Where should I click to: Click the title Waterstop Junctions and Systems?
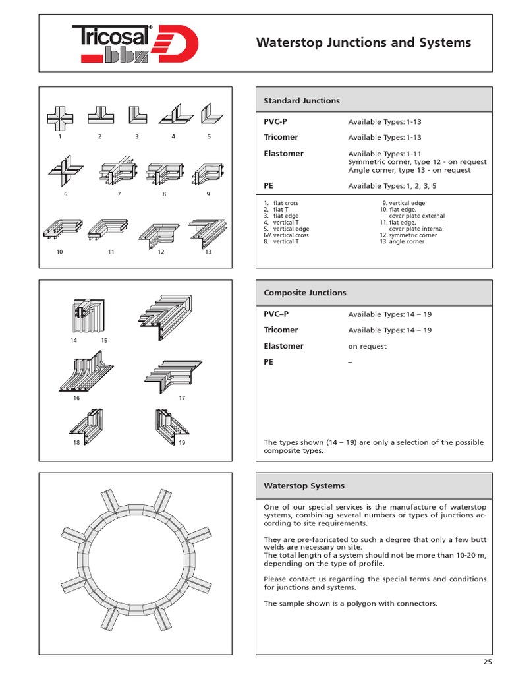tap(363, 43)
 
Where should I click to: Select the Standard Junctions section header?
tap(302, 101)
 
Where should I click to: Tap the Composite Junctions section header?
tap(304, 293)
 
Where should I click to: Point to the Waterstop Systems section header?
tap(304, 486)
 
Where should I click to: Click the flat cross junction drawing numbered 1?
tap(59, 117)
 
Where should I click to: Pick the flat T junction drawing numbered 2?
tap(100, 117)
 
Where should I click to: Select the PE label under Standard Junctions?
tap(269, 186)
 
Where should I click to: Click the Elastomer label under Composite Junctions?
tap(283, 346)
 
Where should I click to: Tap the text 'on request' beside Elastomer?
tap(367, 347)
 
